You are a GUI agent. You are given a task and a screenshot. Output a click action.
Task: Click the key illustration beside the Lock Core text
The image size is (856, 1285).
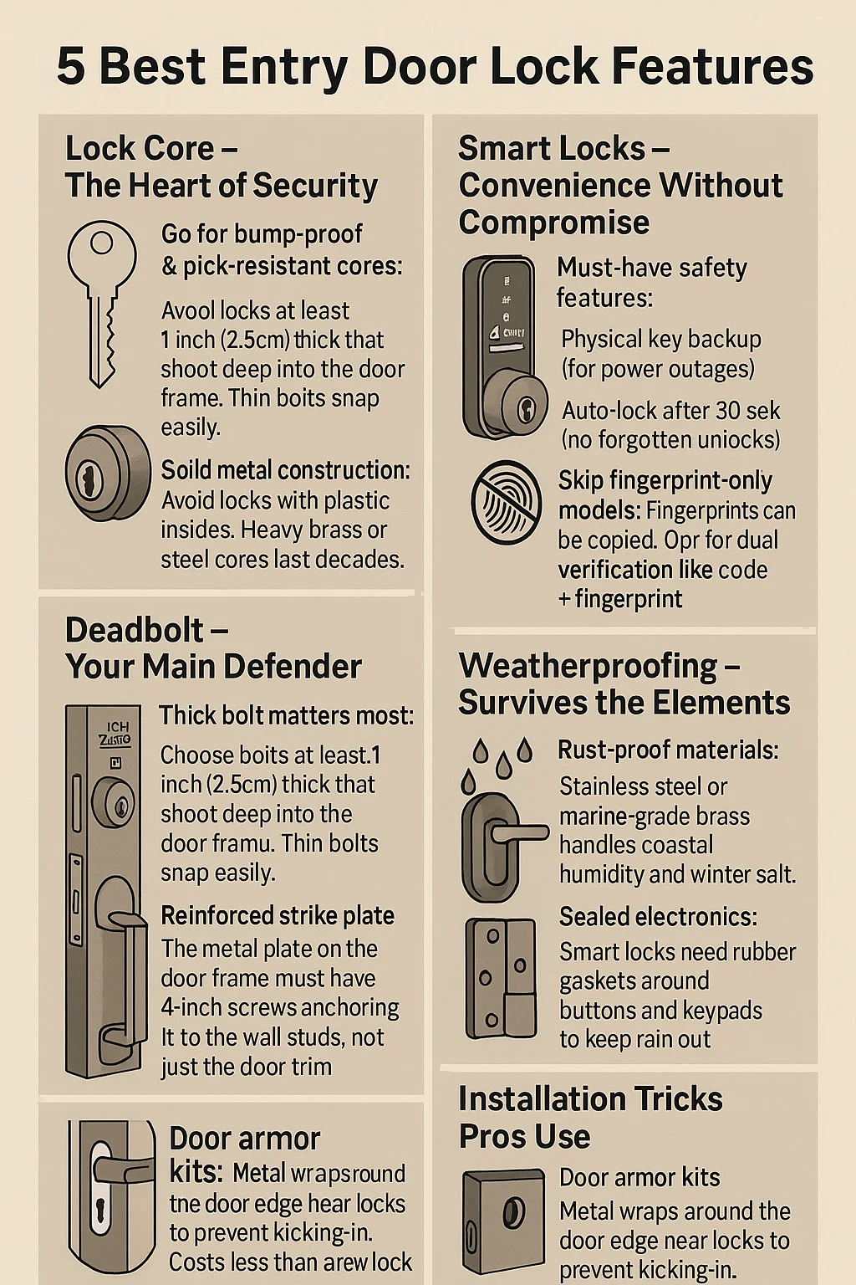pyautogui.click(x=101, y=304)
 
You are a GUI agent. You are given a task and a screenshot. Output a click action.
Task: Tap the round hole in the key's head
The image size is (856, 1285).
pyautogui.click(x=101, y=243)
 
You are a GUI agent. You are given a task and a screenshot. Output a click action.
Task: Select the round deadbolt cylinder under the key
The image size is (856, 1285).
pyautogui.click(x=107, y=474)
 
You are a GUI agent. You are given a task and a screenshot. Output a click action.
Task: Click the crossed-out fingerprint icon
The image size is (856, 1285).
pyautogui.click(x=507, y=502)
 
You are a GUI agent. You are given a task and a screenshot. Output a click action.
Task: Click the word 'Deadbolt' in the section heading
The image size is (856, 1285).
pyautogui.click(x=134, y=630)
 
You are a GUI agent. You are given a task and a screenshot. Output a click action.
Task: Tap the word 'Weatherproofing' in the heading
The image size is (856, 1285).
pyautogui.click(x=588, y=667)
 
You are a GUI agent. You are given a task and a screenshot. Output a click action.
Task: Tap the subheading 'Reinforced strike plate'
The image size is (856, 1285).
pyautogui.click(x=278, y=916)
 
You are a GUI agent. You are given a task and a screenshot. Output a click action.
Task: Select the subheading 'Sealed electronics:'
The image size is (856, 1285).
pyautogui.click(x=658, y=917)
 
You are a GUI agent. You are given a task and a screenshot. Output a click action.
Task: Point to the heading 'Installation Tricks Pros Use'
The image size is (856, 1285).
pyautogui.click(x=590, y=1117)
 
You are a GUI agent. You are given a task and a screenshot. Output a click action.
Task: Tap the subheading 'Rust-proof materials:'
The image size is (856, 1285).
pyautogui.click(x=668, y=750)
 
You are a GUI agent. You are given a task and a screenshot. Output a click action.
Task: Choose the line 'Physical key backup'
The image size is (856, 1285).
pyautogui.click(x=661, y=340)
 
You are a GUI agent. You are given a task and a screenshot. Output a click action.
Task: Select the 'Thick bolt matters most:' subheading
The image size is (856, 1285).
pyautogui.click(x=286, y=715)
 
